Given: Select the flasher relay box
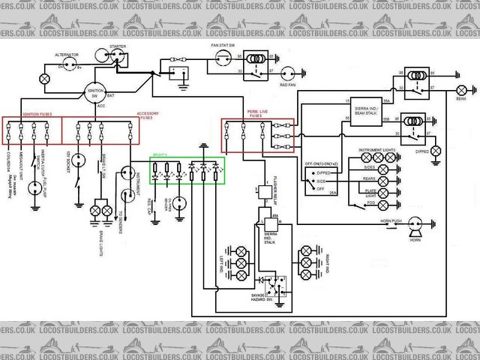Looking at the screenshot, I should pyautogui.click(x=265, y=193).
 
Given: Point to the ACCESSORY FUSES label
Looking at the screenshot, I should pyautogui.click(x=148, y=115).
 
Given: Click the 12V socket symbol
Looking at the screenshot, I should pyautogui.click(x=78, y=159).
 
